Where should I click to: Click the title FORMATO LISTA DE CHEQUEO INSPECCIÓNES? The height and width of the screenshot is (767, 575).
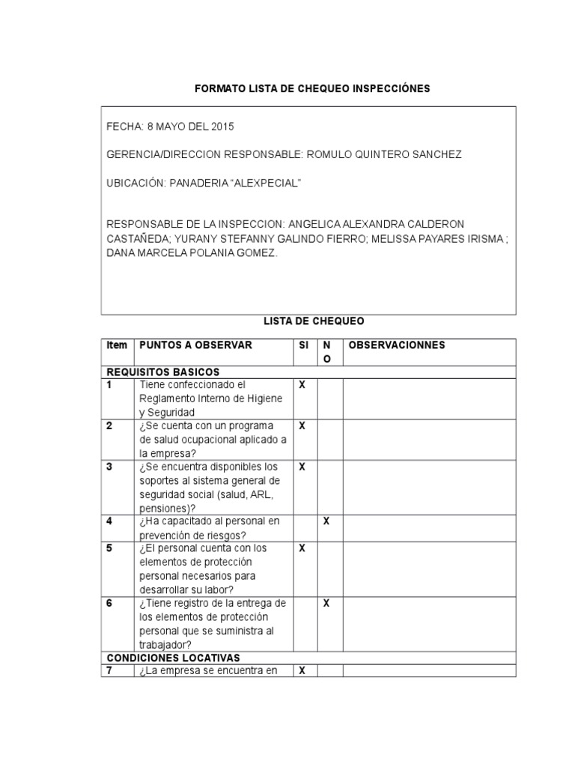[312, 88]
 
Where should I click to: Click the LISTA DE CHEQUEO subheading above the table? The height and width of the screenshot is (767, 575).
[314, 321]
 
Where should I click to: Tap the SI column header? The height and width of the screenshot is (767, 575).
[303, 345]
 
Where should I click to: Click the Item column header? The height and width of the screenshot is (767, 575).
[117, 345]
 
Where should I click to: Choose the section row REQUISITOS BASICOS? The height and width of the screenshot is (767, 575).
[163, 372]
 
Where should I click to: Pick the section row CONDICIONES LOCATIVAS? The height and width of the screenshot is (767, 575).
[173, 658]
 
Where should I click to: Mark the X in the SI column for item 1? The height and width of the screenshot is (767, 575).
[302, 385]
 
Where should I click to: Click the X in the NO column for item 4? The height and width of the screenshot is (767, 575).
[326, 521]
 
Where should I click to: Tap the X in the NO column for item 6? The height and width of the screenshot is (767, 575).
[326, 603]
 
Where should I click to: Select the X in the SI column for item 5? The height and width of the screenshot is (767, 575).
[302, 548]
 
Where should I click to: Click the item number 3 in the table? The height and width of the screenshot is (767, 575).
[109, 467]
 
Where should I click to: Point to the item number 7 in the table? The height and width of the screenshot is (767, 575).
[109, 670]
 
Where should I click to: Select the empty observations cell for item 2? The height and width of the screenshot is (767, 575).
[429, 439]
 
